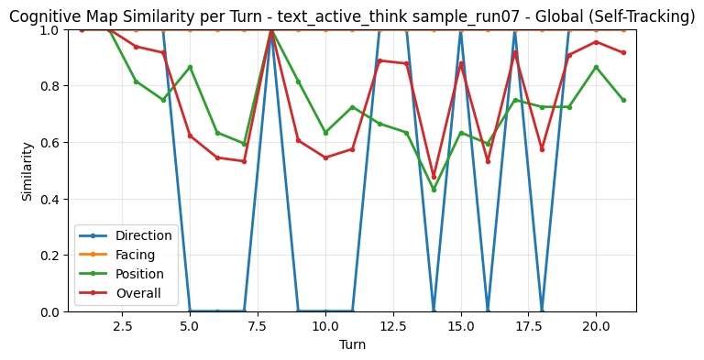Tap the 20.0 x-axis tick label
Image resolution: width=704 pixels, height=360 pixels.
(x=596, y=326)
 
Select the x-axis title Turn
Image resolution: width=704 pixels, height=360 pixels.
(x=352, y=344)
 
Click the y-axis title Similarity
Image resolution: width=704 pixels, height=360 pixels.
(x=27, y=170)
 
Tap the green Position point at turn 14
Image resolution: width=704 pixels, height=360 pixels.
(x=434, y=190)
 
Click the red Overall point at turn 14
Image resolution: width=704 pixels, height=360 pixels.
(x=434, y=177)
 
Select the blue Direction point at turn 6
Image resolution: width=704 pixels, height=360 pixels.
(x=217, y=311)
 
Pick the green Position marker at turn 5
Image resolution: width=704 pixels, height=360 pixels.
(x=190, y=67)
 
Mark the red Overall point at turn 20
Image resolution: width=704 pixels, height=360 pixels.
(x=596, y=42)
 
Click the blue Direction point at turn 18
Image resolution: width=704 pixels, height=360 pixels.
(x=542, y=311)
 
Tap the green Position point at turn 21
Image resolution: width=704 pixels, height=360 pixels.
(x=623, y=100)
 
